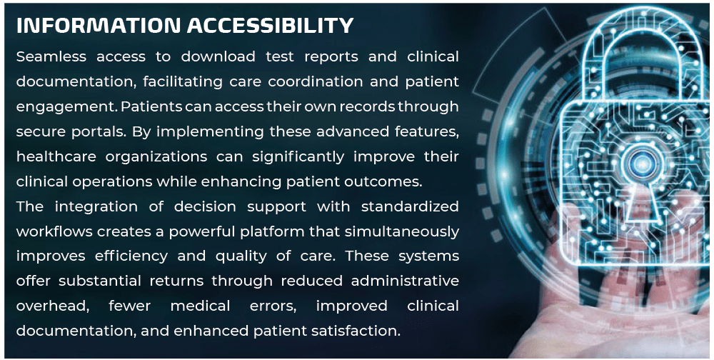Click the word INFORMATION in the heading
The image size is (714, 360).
pyautogui.click(x=99, y=26)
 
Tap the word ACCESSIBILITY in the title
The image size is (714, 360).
pyautogui.click(x=270, y=26)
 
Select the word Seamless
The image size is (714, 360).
pyautogui.click(x=51, y=57)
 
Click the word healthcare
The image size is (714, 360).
pyautogui.click(x=56, y=156)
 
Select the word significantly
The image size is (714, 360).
pyautogui.click(x=298, y=156)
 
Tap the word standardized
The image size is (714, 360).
pyautogui.click(x=410, y=206)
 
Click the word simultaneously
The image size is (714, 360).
pyautogui.click(x=401, y=231)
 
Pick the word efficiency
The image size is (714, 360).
pyautogui.click(x=131, y=256)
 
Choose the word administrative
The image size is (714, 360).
pyautogui.click(x=405, y=281)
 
